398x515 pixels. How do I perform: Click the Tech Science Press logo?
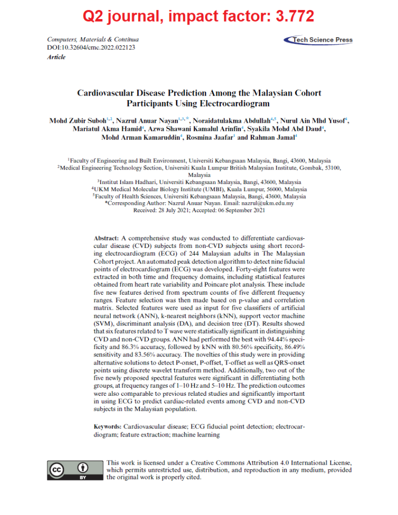click(318, 40)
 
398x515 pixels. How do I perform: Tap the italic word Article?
click(56, 57)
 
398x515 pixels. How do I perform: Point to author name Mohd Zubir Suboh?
click(74, 121)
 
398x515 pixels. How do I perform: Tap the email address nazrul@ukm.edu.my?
click(269, 203)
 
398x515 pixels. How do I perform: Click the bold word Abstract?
click(107, 237)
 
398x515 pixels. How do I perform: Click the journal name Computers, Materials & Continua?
click(93, 39)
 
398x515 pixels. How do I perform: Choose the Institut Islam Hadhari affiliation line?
click(199, 182)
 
